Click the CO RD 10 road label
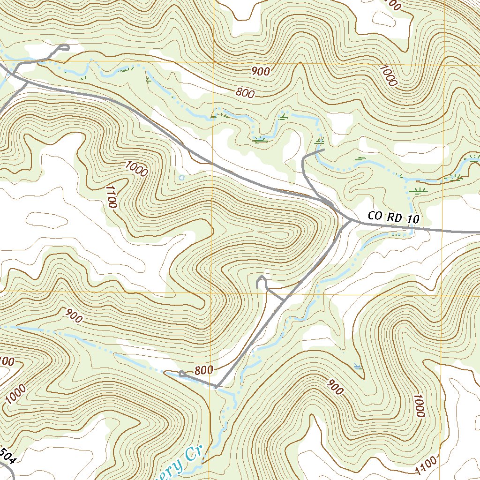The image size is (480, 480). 393,217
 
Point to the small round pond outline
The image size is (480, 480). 182,178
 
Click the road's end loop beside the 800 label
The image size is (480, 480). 182,373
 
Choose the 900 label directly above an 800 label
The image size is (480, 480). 260,72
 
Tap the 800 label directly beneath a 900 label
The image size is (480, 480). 245,93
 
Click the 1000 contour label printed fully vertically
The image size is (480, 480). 419,406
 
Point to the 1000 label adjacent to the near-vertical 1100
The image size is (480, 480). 136,168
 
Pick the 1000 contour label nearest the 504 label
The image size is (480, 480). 16,394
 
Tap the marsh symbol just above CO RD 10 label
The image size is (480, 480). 417,190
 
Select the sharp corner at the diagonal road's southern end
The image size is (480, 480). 216,387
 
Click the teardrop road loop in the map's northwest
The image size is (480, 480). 64,47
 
